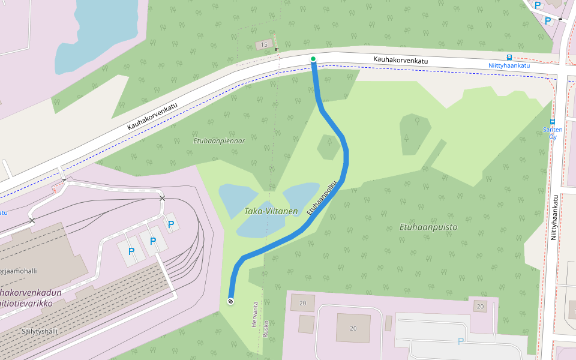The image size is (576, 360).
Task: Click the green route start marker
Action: [313, 59]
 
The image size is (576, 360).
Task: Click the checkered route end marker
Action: [230, 301]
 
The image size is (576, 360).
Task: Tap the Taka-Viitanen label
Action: [271, 211]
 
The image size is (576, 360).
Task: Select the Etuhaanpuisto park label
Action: [428, 227]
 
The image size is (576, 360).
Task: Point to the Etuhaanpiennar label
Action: [220, 141]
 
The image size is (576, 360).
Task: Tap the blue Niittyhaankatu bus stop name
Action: [509, 65]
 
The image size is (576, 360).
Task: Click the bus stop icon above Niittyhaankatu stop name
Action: [509, 58]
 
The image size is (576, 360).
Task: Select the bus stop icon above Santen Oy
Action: [553, 121]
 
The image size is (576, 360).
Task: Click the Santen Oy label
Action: [553, 133]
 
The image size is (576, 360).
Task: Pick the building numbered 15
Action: [263, 45]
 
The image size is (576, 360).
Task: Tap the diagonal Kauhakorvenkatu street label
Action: [152, 116]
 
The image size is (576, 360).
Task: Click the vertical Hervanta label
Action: [254, 314]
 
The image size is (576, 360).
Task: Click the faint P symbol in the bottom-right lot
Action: [461, 341]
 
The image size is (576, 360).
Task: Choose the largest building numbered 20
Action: [353, 328]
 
